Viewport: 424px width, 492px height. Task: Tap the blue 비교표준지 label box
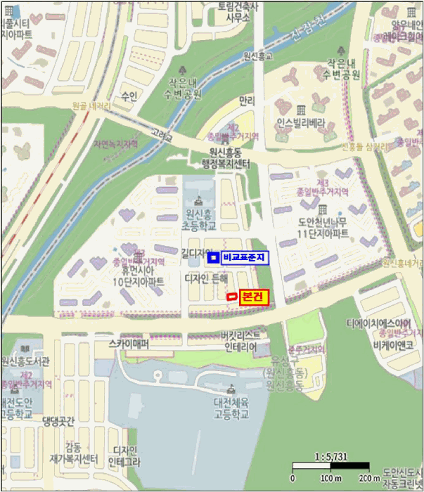(x=245, y=258)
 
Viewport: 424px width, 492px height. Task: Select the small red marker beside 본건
(x=231, y=298)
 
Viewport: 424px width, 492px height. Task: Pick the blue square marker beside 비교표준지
(x=213, y=258)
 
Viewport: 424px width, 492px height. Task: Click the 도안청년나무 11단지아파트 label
(x=322, y=226)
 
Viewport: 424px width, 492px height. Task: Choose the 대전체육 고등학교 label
(x=232, y=408)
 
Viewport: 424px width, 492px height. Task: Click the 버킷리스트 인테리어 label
(x=239, y=342)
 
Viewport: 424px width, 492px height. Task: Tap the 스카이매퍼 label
(x=129, y=344)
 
